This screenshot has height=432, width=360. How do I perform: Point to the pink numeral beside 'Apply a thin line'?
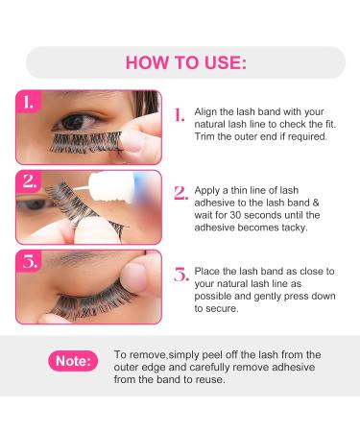point(179,192)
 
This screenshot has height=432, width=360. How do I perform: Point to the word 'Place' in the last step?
point(207,271)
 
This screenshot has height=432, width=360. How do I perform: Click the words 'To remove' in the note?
point(135,354)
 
